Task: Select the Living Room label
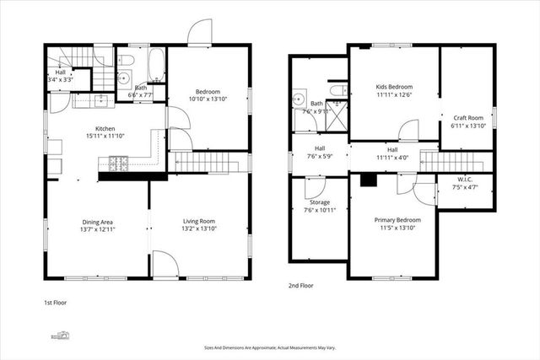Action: pos(199,222)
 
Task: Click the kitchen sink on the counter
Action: pos(99,101)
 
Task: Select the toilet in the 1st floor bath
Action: pos(125,60)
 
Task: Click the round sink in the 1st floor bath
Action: pos(123,78)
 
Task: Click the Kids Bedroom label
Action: pos(394,87)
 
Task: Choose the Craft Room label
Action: pos(467,118)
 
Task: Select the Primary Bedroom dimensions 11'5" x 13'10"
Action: pos(394,228)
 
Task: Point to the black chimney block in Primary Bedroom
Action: pos(368,179)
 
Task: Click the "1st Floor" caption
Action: pos(57,302)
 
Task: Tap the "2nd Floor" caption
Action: pos(300,286)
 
